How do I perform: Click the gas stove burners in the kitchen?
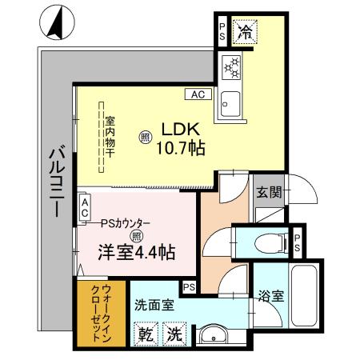[x=232, y=70]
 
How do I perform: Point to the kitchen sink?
[x=232, y=102]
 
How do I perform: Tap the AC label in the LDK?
[x=198, y=94]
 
